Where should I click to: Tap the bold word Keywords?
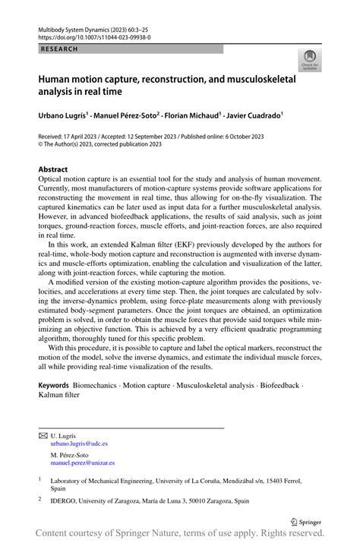54,387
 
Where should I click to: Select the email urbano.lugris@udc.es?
79,443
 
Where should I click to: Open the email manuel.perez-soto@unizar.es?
83,462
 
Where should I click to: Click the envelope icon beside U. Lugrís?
43,435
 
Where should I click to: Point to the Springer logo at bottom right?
307,521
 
